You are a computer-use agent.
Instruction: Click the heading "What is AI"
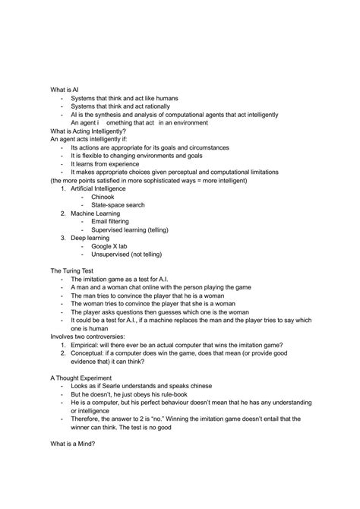tap(65, 90)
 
